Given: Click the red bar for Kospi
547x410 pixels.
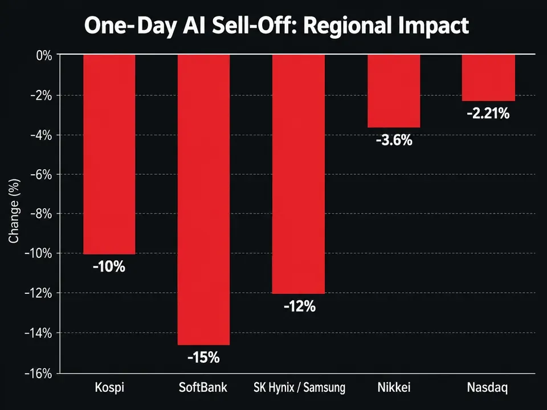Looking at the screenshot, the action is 109,154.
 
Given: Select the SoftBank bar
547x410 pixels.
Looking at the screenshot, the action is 204,200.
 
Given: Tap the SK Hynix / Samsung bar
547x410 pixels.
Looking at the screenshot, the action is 299,174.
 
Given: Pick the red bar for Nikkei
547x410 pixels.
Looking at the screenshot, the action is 394,91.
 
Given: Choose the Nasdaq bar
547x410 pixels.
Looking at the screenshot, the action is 488,78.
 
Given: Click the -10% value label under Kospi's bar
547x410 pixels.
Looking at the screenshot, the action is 109,267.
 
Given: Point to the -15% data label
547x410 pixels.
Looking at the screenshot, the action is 203,358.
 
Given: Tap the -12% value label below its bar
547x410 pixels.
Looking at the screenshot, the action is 300,306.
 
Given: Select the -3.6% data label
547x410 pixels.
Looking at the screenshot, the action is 394,140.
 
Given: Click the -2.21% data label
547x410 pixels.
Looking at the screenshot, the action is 488,114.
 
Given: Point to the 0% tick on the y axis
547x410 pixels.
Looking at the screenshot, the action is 44,55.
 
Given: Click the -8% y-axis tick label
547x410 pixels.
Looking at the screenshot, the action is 41,214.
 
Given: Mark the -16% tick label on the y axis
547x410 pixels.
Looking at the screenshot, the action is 38,374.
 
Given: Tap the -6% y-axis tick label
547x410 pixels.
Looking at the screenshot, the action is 41,174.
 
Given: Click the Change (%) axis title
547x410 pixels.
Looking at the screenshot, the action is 14,211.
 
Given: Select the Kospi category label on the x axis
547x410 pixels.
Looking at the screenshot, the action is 109,388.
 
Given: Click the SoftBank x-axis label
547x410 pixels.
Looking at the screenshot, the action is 203,387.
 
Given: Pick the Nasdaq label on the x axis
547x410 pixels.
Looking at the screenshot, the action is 487,388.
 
